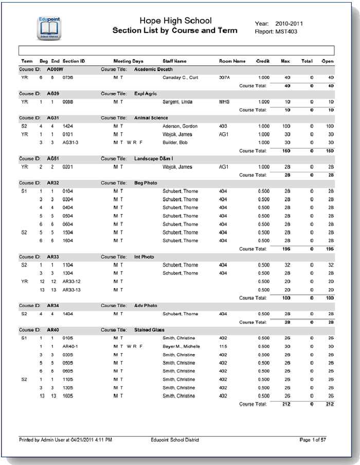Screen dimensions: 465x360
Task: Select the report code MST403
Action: point(286,32)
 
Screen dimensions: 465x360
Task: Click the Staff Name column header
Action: point(174,61)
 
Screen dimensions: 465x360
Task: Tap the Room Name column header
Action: point(232,61)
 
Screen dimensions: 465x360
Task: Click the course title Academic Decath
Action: point(153,69)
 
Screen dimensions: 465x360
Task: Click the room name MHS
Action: point(224,102)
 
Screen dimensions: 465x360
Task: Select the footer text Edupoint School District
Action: point(175,440)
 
